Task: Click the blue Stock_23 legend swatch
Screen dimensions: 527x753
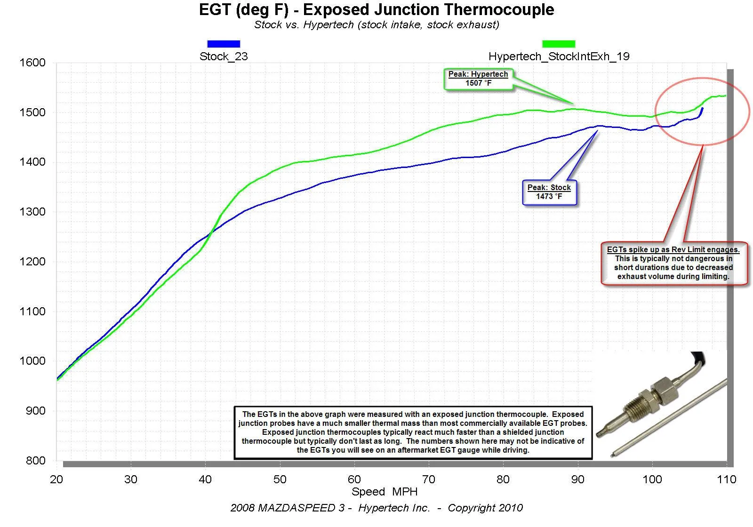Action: pos(224,44)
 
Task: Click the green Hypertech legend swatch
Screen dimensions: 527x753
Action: pos(559,44)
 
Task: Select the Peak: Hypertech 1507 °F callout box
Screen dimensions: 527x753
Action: pos(478,79)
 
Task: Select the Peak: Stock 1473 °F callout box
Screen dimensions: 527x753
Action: pos(549,192)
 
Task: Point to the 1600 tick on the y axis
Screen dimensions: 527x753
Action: pos(32,63)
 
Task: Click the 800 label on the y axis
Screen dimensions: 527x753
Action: pos(35,461)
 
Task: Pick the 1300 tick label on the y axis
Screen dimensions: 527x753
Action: pos(32,212)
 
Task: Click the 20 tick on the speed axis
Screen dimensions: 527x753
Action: pos(56,479)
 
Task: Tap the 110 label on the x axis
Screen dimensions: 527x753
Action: pos(726,479)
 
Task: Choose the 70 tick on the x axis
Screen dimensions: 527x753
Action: pos(429,479)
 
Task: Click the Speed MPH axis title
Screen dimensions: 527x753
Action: pos(385,492)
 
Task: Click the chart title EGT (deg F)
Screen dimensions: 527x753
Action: pos(376,10)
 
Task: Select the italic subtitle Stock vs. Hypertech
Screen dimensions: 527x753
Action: pos(376,25)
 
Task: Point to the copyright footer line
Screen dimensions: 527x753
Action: pos(376,508)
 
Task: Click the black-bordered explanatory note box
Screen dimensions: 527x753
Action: pos(413,432)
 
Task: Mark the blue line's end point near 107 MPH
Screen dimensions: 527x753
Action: pos(702,109)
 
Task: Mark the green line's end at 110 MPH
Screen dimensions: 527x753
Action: pos(725,96)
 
